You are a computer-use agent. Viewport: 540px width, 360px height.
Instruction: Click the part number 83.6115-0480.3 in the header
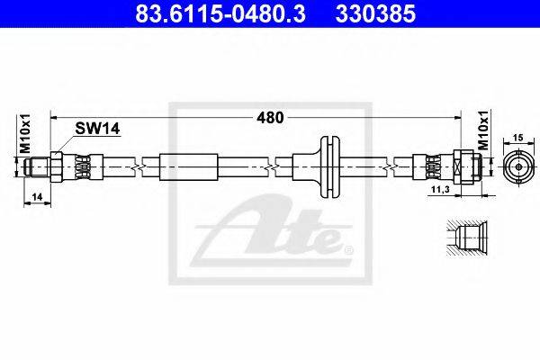[220, 14]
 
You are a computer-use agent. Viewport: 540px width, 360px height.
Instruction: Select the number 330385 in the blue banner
[375, 14]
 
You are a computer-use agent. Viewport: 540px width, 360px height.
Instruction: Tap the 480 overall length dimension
[270, 118]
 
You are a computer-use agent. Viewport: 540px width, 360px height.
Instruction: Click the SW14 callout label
[97, 129]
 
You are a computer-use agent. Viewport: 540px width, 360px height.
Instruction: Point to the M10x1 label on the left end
[25, 134]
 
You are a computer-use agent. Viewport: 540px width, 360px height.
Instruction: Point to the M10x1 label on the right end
[484, 130]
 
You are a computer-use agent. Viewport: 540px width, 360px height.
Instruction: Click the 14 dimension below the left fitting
[37, 197]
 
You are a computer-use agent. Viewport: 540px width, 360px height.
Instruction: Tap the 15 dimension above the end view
[518, 138]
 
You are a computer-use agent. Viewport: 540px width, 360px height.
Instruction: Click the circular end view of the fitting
[518, 167]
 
